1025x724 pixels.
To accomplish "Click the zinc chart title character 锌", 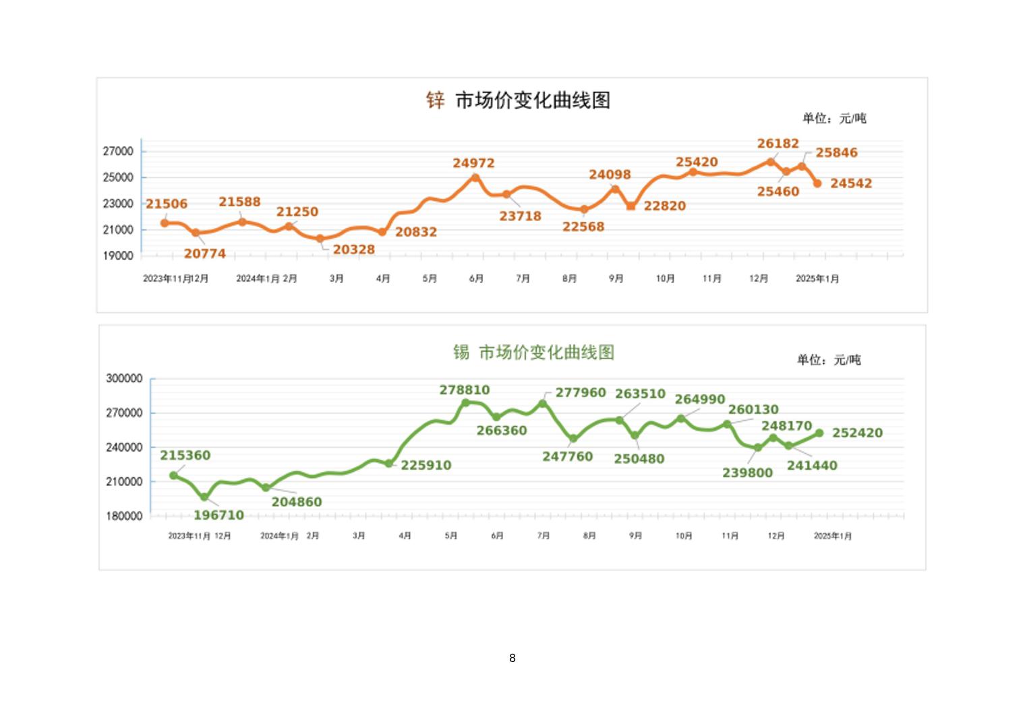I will coord(435,100).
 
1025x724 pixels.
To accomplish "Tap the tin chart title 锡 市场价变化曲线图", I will coord(533,352).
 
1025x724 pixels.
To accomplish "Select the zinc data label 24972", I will coord(473,163).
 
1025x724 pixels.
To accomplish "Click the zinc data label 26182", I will coord(778,144).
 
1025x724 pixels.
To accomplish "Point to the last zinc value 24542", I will coord(850,183).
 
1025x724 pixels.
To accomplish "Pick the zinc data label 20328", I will coord(353,249).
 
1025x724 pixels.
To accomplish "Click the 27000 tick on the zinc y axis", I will coord(118,152).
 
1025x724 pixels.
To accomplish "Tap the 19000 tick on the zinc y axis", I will coord(118,256).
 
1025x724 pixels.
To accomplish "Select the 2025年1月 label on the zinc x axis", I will coord(817,279).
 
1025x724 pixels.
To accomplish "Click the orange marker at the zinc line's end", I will coord(817,183).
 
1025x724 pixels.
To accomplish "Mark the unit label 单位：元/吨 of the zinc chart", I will coord(834,119).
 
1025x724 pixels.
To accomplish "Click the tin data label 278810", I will coord(465,390).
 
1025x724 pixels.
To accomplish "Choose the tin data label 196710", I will coord(218,516).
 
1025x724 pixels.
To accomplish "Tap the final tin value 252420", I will coord(857,433).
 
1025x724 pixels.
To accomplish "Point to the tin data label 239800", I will coord(747,473).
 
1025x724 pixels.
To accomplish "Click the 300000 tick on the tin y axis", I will coord(124,379).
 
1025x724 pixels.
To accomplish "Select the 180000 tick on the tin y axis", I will coord(124,516).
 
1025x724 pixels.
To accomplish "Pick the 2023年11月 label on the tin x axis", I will coord(189,536).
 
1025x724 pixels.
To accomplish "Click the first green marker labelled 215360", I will coord(174,475).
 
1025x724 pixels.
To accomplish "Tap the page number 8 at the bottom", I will coord(512,658).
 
